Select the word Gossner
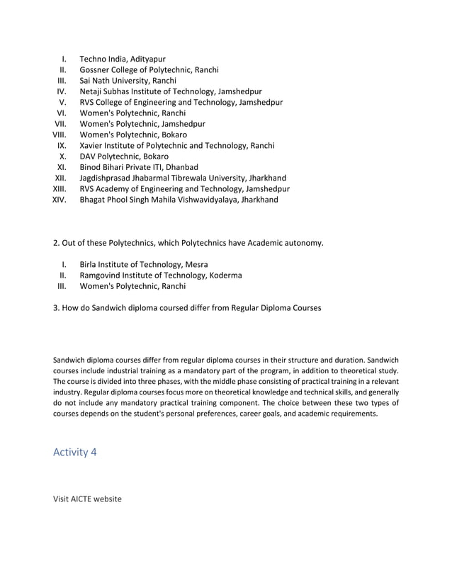click(x=97, y=69)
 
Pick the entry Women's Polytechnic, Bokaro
click(x=133, y=135)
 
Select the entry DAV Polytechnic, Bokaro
click(x=124, y=157)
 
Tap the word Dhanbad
click(x=182, y=167)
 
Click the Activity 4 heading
click(x=74, y=453)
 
